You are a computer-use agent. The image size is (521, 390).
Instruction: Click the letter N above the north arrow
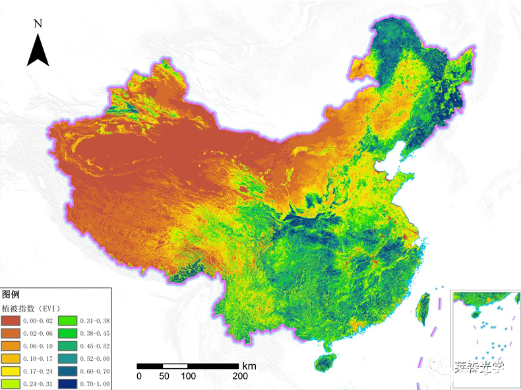[x=38, y=24]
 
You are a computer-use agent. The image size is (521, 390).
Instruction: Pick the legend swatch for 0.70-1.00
[x=68, y=383]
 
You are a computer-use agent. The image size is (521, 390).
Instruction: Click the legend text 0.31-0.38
[x=94, y=321]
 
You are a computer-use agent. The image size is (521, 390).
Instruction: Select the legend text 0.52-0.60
[x=94, y=358]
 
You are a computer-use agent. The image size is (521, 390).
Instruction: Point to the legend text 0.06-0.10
[x=37, y=346]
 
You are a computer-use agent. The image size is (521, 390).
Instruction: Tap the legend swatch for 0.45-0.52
[x=68, y=346]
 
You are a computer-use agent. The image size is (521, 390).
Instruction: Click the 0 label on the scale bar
[x=139, y=376]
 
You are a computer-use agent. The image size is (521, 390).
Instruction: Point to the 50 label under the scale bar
[x=164, y=376]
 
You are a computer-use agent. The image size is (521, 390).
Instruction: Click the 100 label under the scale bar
[x=189, y=376]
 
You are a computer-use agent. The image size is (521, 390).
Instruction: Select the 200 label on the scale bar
[x=240, y=376]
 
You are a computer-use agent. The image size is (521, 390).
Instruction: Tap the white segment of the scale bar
[x=175, y=366]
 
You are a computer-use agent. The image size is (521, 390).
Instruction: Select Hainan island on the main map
[x=322, y=362]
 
